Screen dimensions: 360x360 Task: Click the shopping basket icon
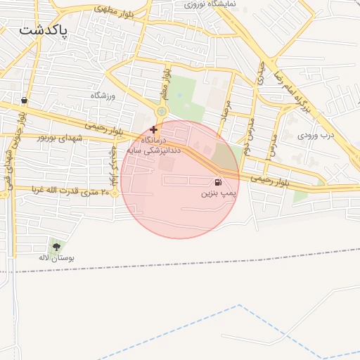(25, 101)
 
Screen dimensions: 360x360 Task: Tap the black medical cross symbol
(153, 129)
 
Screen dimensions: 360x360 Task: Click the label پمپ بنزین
(219, 192)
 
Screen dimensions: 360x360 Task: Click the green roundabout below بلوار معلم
(162, 111)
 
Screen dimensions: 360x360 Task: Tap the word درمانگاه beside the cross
(142, 140)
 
